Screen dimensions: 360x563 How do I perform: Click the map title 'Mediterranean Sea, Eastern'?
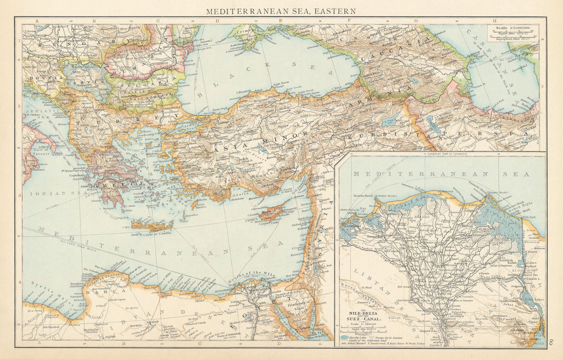[280, 11]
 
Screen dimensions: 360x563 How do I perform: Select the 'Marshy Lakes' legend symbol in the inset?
[348, 336]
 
